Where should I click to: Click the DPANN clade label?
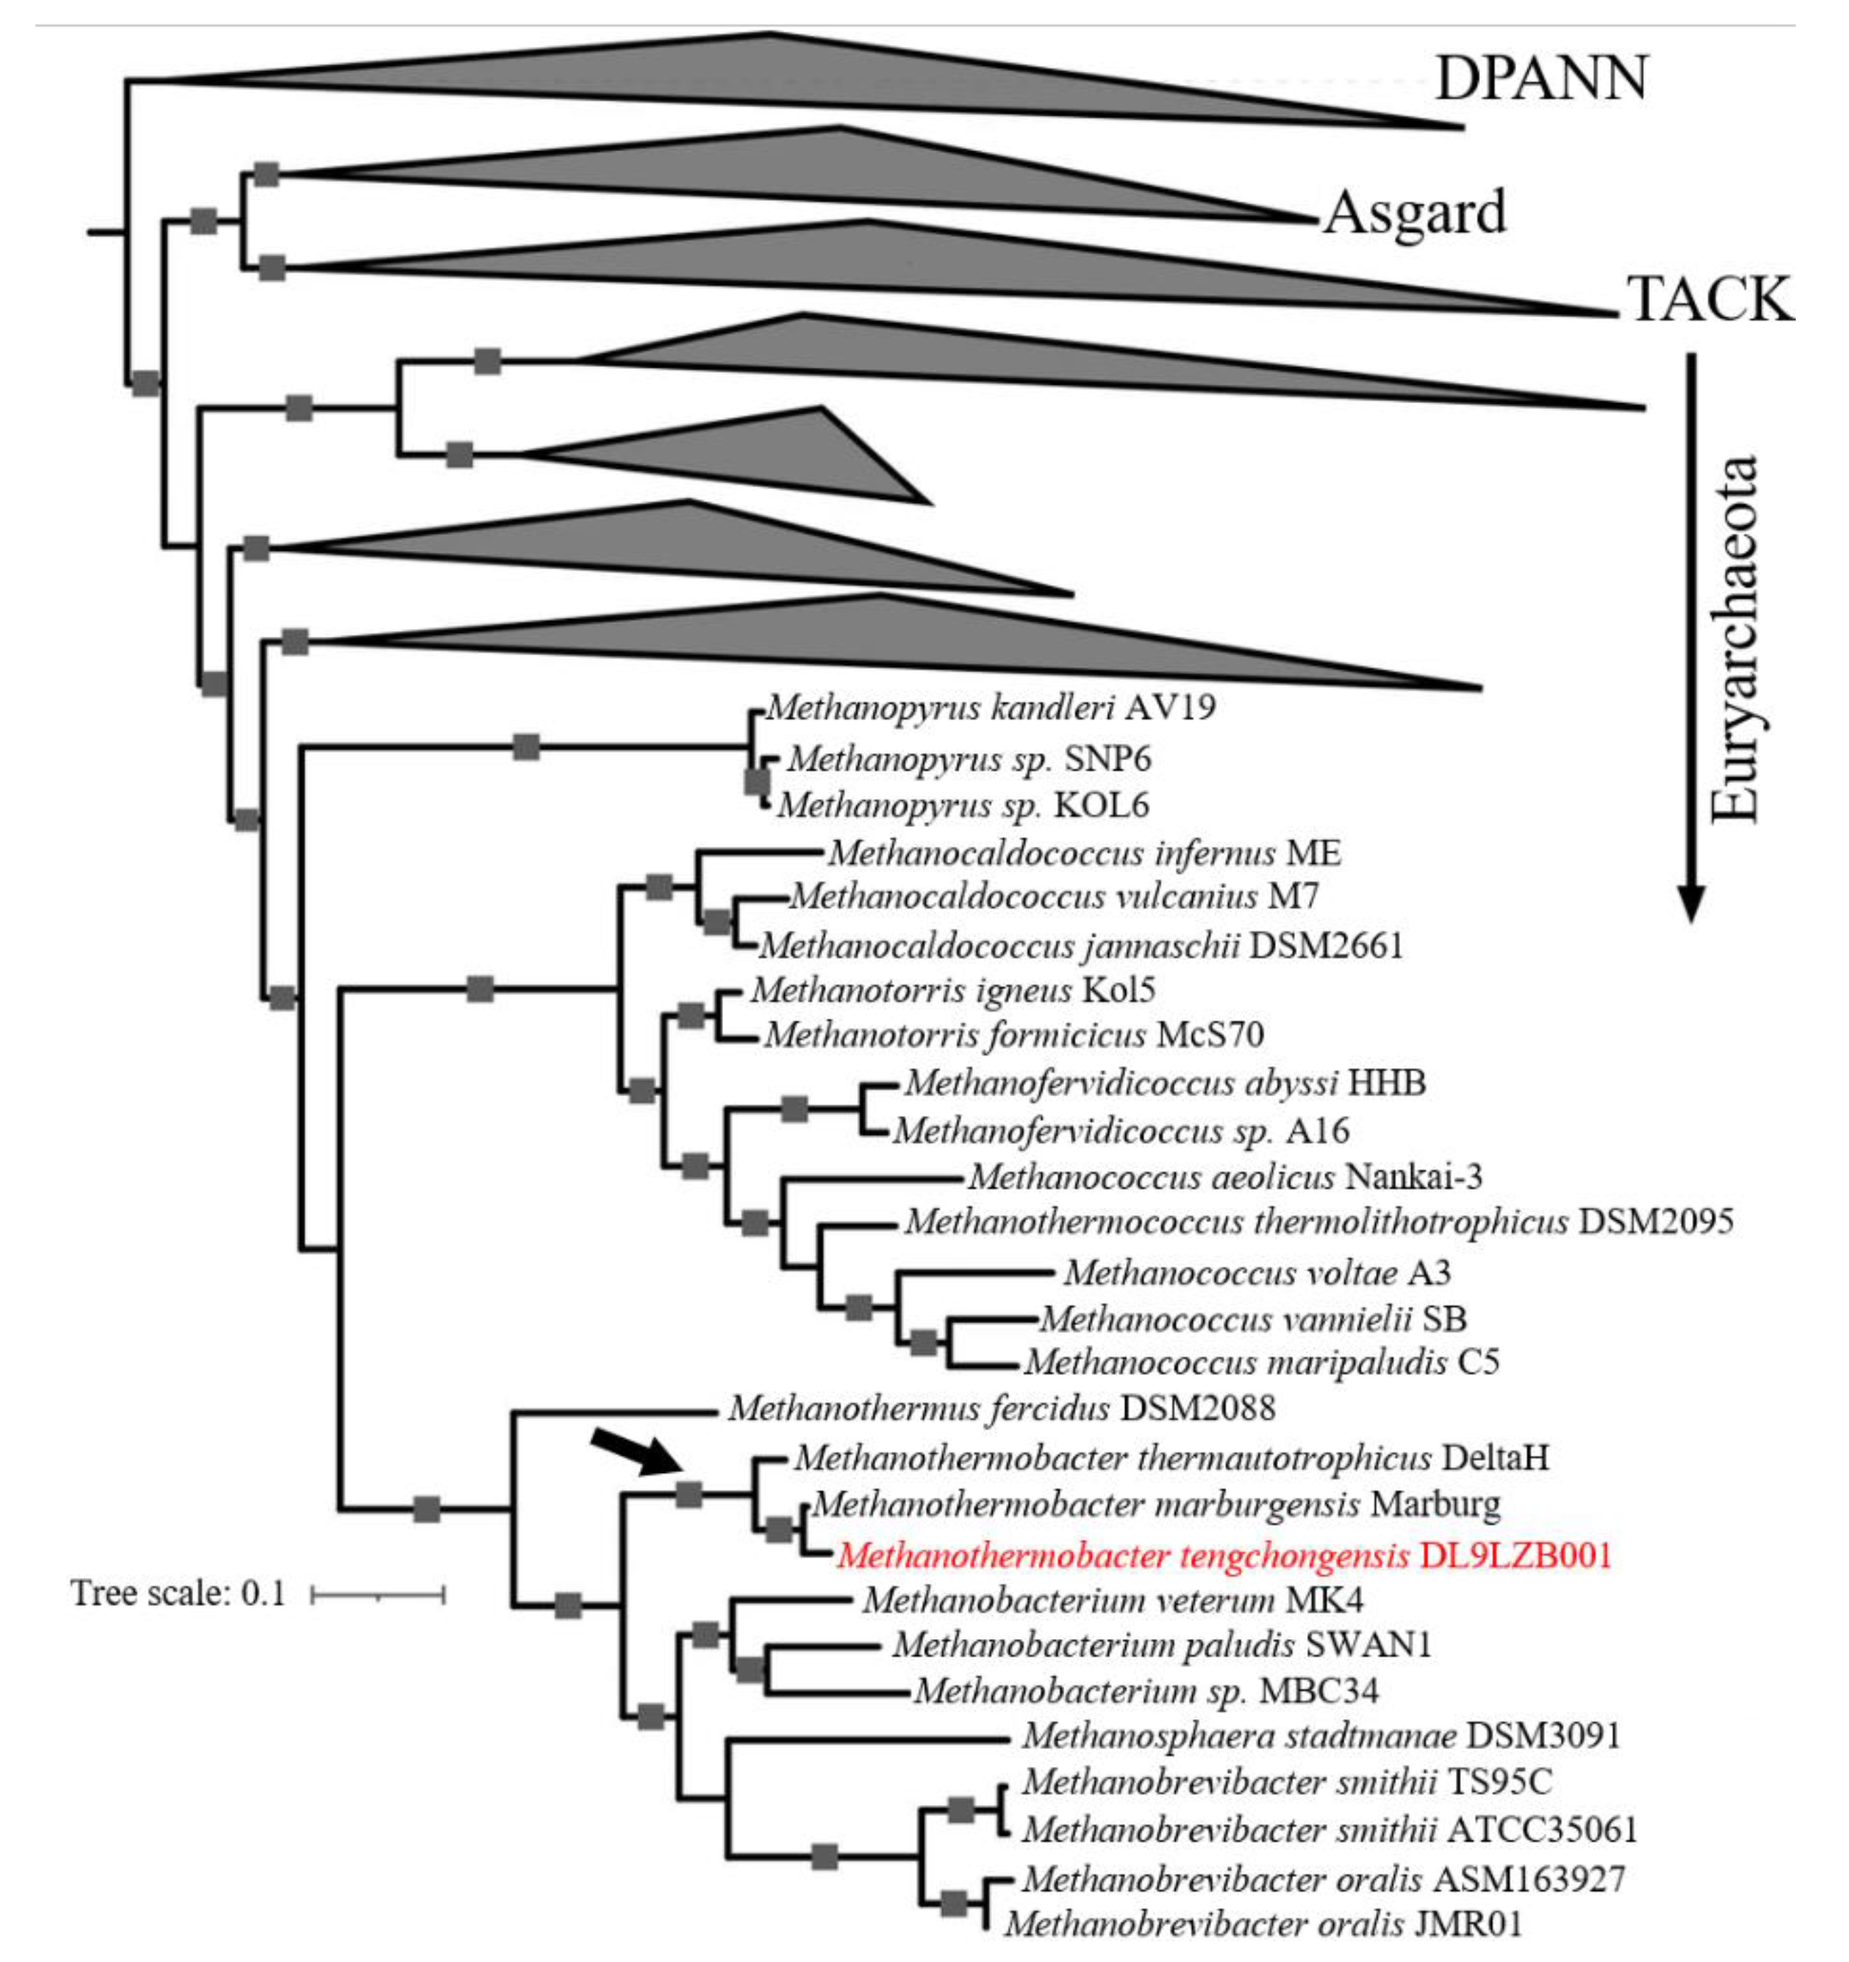pos(1540,78)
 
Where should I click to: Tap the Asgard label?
pos(1415,212)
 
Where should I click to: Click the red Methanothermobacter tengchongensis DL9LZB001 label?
pos(1223,1557)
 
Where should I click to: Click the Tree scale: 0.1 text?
pos(177,1593)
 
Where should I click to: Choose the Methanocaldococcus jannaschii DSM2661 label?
pos(1081,946)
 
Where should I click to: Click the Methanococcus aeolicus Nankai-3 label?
pos(1225,1176)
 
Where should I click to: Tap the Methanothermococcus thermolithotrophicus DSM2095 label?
pos(1319,1222)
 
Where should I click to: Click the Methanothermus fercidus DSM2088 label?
pos(1001,1408)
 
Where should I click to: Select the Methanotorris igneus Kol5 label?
pos(952,990)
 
